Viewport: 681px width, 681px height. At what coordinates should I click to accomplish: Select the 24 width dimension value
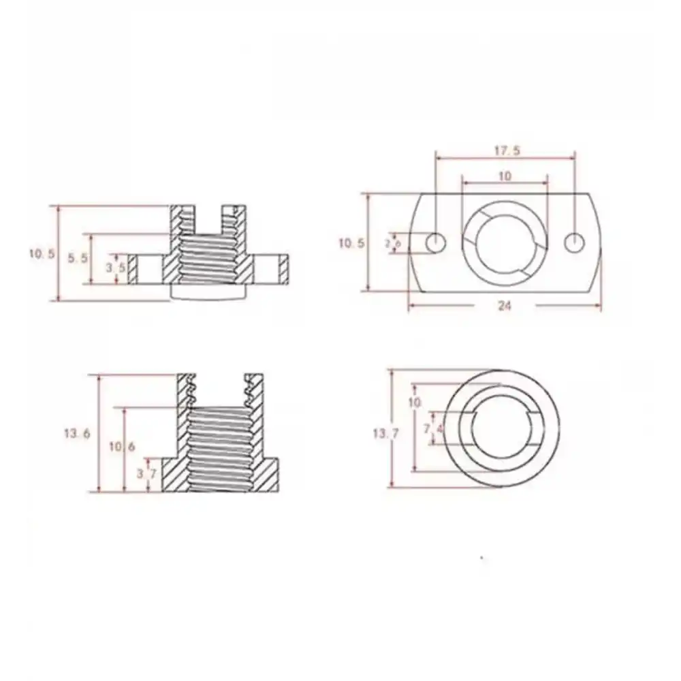504,306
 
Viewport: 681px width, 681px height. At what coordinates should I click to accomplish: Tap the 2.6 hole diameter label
393,243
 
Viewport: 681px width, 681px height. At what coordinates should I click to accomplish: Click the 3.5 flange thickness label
115,268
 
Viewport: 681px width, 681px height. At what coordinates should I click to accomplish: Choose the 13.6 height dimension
78,432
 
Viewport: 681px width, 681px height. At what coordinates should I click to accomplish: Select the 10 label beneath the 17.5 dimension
505,176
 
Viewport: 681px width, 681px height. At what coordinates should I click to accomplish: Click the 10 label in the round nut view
415,402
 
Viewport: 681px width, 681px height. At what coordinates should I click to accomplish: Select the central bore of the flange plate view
505,243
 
